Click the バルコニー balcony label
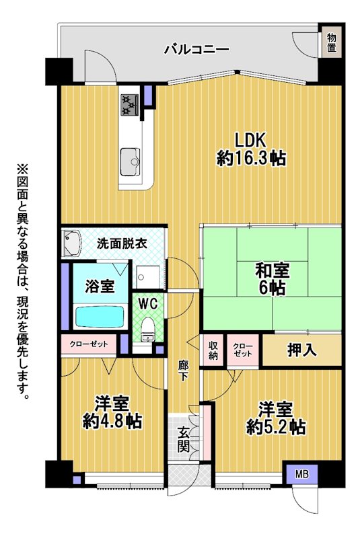pos(196,50)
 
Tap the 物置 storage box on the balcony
pos(331,43)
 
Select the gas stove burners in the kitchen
pos(130,105)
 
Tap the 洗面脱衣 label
pos(122,243)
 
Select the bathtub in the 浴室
pos(100,317)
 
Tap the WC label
pos(148,304)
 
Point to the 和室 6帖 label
pos(272,279)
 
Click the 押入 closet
pos(302,350)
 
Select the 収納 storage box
pos(213,350)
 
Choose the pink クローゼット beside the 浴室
pos(89,344)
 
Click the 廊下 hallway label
pos(183,371)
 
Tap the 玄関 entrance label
pos(184,439)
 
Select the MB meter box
pos(302,475)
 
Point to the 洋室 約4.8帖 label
pos(112,412)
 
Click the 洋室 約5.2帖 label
pos(276,418)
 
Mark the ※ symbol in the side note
pos(23,171)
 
